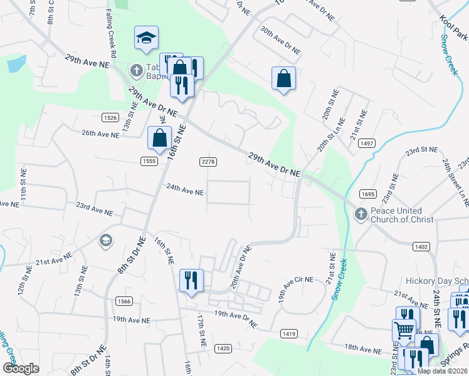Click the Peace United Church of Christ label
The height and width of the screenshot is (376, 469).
[x=396, y=216]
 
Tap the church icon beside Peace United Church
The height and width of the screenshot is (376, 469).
[x=361, y=215]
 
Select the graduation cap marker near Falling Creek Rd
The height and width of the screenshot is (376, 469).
[x=146, y=39]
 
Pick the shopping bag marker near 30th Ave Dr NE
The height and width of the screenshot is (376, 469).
[x=283, y=79]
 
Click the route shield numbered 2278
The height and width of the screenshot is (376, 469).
[x=208, y=162]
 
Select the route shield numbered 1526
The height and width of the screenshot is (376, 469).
[x=110, y=117]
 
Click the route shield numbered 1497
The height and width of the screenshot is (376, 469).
[x=367, y=144]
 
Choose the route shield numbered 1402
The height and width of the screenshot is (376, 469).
[x=421, y=247]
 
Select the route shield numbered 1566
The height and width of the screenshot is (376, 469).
[x=124, y=301]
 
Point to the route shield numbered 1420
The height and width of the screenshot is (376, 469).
[x=222, y=348]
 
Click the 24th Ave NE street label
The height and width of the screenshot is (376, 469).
[x=185, y=192]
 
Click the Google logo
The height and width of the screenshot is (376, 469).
[x=21, y=368]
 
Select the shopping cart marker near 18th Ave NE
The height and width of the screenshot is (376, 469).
[x=403, y=330]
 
